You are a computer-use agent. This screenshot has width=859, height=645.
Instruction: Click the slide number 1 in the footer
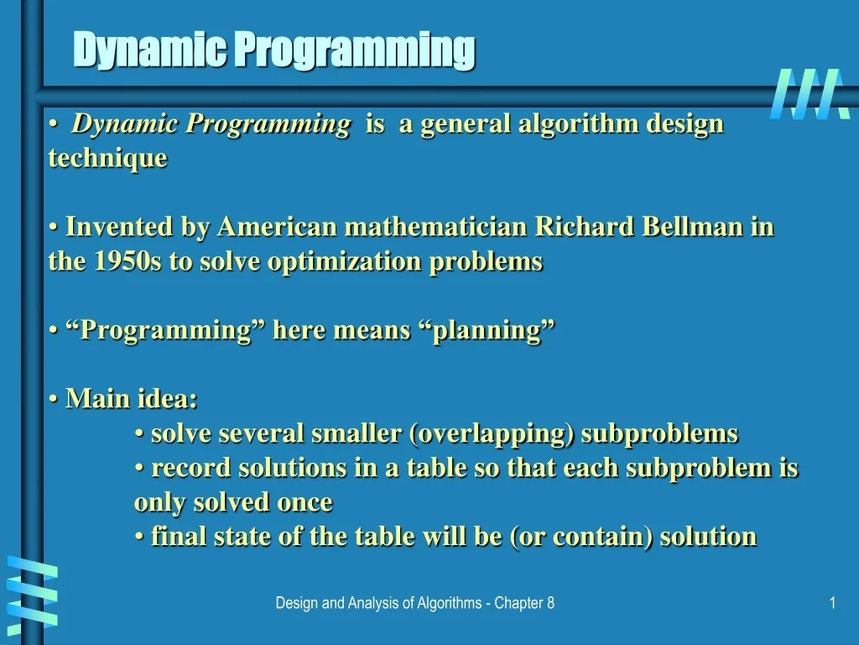point(832,603)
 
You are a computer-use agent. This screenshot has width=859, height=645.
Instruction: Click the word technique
point(108,158)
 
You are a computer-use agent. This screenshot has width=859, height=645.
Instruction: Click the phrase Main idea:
point(132,398)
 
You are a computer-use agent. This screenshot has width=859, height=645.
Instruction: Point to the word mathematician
point(436,227)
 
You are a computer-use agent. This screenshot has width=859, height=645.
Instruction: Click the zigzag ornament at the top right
point(804,93)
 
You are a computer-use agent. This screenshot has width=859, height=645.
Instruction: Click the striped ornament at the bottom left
point(32,591)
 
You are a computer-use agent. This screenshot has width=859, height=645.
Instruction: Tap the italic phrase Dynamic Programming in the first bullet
point(211,124)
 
